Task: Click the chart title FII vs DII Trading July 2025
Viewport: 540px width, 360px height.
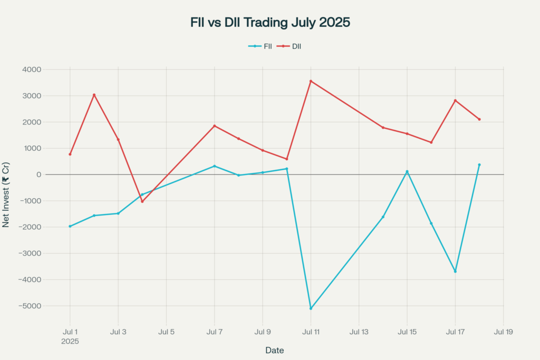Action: (x=270, y=23)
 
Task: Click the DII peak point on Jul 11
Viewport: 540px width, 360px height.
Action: (x=311, y=81)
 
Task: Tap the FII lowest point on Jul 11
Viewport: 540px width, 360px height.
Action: (x=311, y=308)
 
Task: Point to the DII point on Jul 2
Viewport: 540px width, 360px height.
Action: (x=94, y=95)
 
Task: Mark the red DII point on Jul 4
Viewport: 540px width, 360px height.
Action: (x=142, y=201)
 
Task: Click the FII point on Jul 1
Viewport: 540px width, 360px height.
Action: (x=70, y=226)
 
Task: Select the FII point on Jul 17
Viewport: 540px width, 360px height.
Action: (x=455, y=271)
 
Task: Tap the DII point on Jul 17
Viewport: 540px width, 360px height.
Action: (x=455, y=101)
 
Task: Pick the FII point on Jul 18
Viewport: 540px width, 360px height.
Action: (x=479, y=164)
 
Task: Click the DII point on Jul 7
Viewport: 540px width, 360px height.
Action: (x=215, y=126)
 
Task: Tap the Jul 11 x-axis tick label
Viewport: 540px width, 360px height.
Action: (x=311, y=332)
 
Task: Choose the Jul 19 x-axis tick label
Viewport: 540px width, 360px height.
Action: (x=503, y=332)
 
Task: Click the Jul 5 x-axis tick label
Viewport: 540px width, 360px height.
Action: (x=166, y=332)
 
